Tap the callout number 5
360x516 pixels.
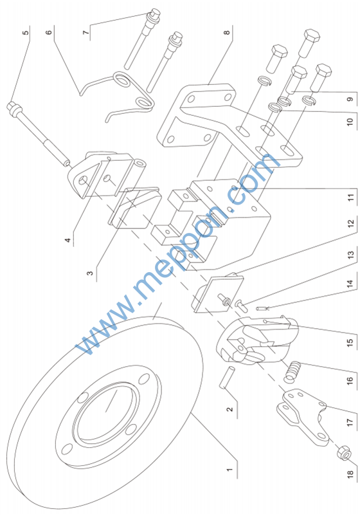tap(26, 32)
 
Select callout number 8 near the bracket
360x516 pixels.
tap(227, 32)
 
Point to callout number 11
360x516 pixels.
tap(350, 198)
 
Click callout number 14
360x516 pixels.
tap(350, 284)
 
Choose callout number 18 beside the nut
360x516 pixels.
tap(350, 474)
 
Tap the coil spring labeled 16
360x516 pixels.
tap(293, 371)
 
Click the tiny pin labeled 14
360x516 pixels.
tap(262, 308)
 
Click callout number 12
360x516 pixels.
tap(350, 224)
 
